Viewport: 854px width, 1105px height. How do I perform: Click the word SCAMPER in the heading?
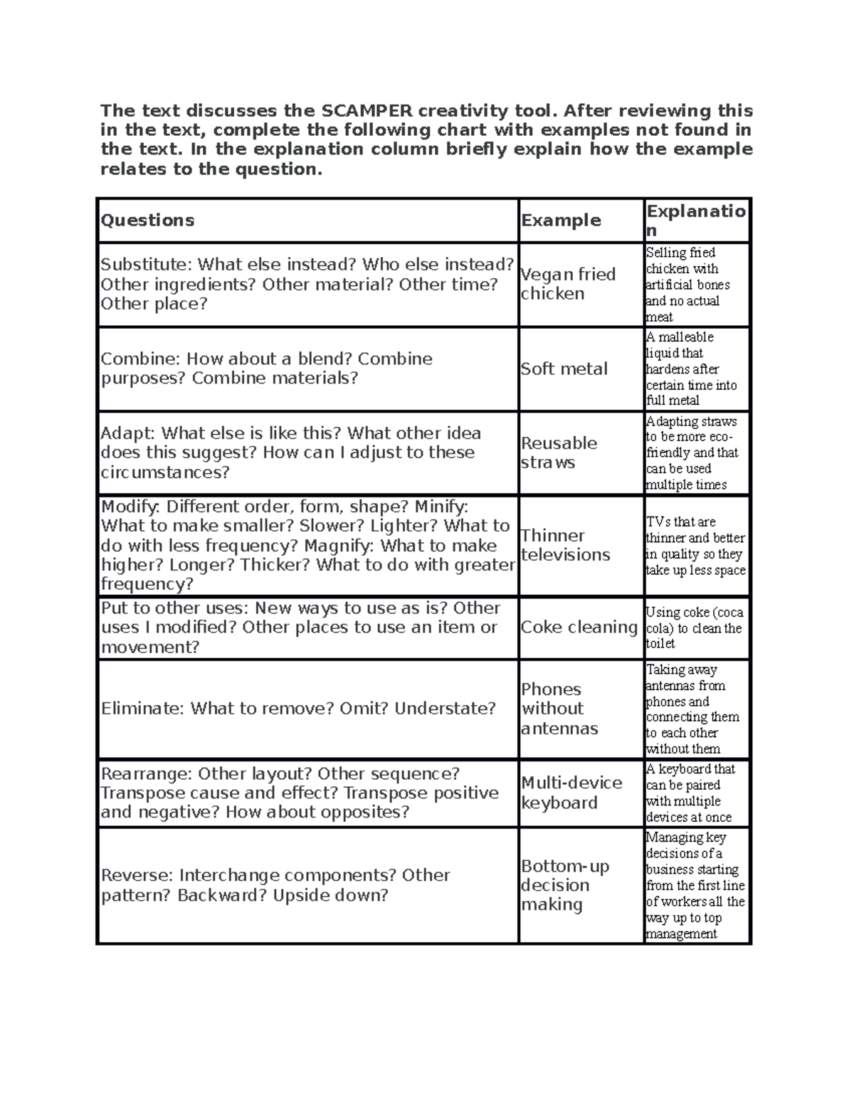point(367,111)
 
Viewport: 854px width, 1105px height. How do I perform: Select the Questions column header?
point(147,220)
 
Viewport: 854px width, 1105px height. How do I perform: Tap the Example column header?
point(561,221)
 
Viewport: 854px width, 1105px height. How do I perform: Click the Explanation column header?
point(695,220)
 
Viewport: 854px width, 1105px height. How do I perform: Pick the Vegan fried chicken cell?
point(567,284)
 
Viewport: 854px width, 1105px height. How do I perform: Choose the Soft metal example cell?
point(564,369)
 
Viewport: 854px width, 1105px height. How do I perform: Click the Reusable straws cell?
point(559,453)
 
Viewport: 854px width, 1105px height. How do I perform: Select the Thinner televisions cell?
point(565,545)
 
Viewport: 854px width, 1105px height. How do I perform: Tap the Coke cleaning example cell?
point(579,627)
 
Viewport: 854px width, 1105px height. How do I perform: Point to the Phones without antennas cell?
point(559,709)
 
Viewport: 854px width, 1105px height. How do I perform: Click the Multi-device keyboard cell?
point(571,793)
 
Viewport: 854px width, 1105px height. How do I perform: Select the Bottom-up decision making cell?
point(564,885)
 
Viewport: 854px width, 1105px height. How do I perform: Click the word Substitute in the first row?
point(145,265)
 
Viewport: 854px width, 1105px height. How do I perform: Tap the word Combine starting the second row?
point(141,359)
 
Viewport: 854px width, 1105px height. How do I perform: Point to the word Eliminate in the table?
point(142,709)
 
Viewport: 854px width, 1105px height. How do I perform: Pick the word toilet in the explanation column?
point(660,644)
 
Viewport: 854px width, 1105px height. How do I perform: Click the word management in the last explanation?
point(681,934)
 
